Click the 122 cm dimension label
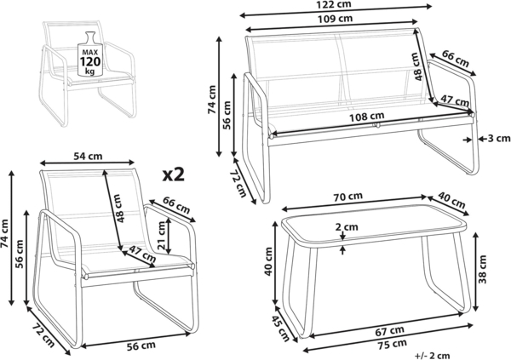click(x=334, y=4)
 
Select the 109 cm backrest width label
click(x=335, y=19)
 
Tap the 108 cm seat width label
click(x=366, y=117)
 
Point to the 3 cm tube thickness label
click(x=498, y=139)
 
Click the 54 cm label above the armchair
click(x=88, y=157)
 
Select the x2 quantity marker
click(x=174, y=174)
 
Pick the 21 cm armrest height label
click(x=162, y=235)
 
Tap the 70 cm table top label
click(x=347, y=197)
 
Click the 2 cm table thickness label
click(x=347, y=226)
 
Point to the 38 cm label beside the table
click(x=482, y=270)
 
